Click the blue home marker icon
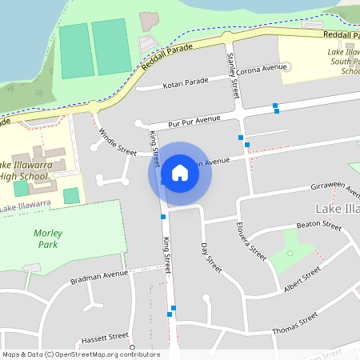[180, 173]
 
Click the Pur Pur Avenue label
[194, 121]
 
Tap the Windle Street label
[118, 140]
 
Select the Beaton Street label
[318, 226]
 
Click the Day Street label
[210, 254]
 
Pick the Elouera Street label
[255, 241]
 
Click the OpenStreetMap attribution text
[81, 354]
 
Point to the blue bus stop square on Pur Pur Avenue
[275, 106]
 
